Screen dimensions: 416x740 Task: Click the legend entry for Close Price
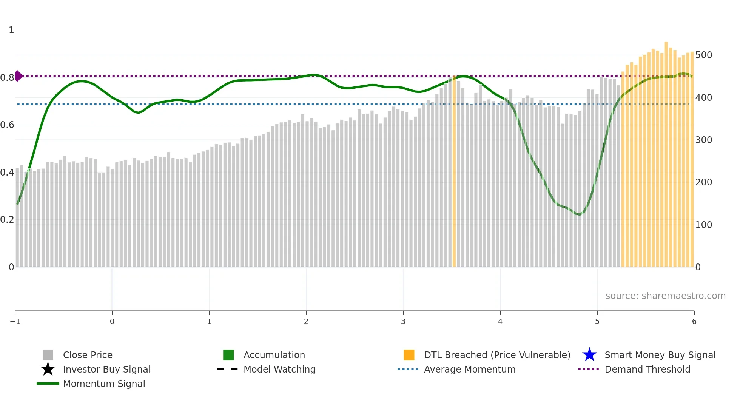(87, 355)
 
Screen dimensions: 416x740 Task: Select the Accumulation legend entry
(274, 355)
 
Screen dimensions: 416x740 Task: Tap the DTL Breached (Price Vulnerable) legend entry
(497, 355)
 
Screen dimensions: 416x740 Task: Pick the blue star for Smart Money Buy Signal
(589, 355)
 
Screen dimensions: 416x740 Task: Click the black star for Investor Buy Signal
(48, 369)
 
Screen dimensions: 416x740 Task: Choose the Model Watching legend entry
(279, 369)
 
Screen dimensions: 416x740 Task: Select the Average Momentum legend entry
(469, 369)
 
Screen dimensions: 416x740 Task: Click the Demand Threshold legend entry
(647, 369)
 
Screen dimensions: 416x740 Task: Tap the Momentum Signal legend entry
(104, 384)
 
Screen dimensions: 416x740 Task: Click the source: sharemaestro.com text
(665, 296)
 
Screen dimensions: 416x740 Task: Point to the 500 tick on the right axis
(704, 55)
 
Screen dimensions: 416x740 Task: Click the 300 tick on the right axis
(704, 140)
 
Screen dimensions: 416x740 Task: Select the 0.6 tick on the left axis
(7, 125)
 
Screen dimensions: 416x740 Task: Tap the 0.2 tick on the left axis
(7, 220)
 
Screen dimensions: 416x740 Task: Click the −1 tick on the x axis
(15, 321)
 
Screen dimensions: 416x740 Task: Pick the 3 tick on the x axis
(403, 321)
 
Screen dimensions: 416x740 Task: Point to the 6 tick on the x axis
(694, 321)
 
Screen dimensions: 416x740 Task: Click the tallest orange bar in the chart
(666, 151)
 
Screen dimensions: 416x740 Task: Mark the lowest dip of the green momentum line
(580, 214)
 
